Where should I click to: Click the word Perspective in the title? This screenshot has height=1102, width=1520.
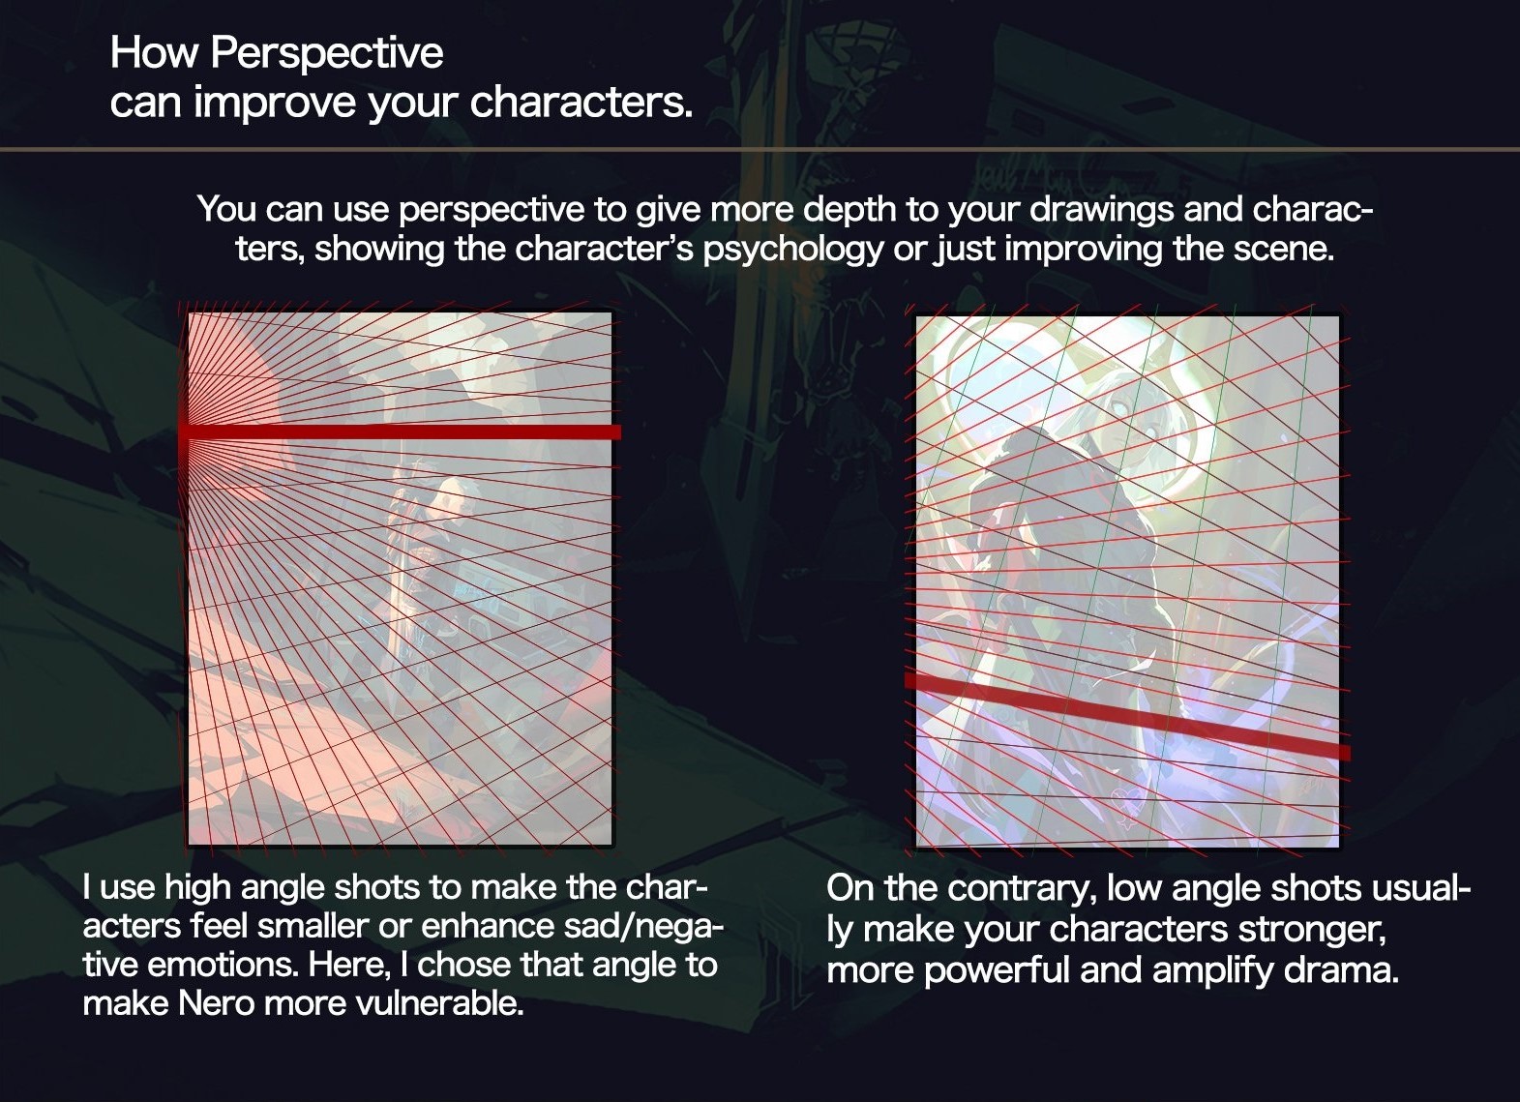(x=326, y=54)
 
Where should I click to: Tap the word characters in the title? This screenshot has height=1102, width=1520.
(x=581, y=103)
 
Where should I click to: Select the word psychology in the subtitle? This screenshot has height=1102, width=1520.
(x=793, y=250)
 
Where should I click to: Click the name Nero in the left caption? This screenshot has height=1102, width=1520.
(x=216, y=1003)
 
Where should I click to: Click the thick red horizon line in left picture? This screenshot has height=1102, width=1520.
(x=401, y=432)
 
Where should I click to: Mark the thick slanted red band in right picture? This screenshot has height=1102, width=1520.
(x=1127, y=715)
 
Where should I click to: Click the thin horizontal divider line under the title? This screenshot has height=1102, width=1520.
(x=760, y=149)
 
